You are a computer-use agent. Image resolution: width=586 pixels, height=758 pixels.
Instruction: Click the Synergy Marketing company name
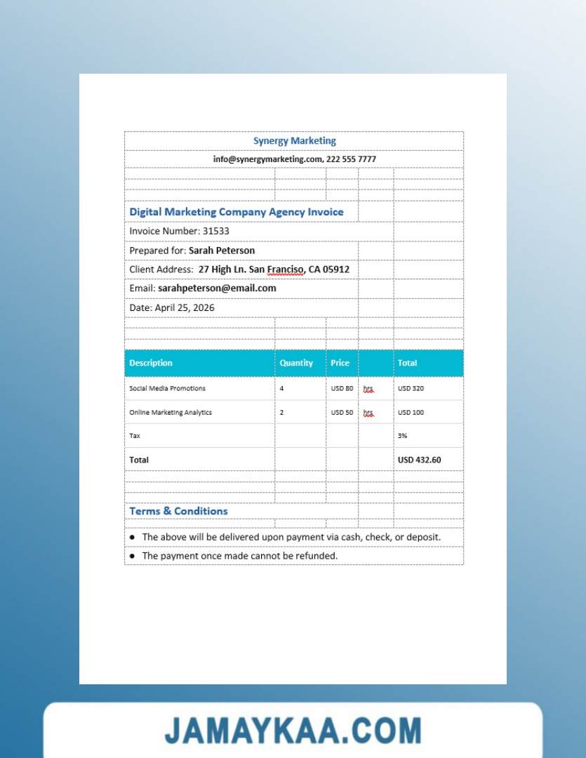tap(294, 140)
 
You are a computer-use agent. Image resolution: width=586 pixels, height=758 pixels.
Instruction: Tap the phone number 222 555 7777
tap(351, 159)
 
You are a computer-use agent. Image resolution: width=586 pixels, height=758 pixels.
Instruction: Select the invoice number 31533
tap(216, 231)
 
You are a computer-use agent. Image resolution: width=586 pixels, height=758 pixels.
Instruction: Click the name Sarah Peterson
tap(222, 251)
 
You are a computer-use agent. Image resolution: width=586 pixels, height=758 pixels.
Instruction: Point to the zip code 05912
tap(335, 270)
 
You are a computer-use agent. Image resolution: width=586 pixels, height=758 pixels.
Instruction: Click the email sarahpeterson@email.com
tap(217, 288)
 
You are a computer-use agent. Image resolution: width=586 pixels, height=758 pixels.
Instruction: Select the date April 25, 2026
tap(185, 307)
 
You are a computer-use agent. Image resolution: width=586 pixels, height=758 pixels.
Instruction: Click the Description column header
tap(151, 363)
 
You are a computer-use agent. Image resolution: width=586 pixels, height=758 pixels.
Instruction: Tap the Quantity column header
tap(296, 363)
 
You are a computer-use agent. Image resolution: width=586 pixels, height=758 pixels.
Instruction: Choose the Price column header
tap(340, 363)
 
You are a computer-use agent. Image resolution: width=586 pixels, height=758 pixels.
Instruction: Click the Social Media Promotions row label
tap(167, 388)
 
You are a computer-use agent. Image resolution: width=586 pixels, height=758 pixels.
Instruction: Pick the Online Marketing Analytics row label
tap(171, 413)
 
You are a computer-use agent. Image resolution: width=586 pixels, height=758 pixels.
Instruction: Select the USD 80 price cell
tap(342, 388)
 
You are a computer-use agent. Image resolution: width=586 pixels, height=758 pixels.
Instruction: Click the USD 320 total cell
tap(411, 388)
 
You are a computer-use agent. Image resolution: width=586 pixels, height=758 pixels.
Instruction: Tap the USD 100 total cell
tap(411, 413)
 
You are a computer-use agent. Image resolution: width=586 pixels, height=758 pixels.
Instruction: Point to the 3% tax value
tap(402, 436)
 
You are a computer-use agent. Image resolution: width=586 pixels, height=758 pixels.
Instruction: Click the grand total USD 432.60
tap(419, 460)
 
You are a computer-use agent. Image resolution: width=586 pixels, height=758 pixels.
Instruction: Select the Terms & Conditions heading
tap(178, 511)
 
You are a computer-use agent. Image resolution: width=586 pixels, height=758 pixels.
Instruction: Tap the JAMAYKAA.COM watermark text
tap(293, 731)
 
